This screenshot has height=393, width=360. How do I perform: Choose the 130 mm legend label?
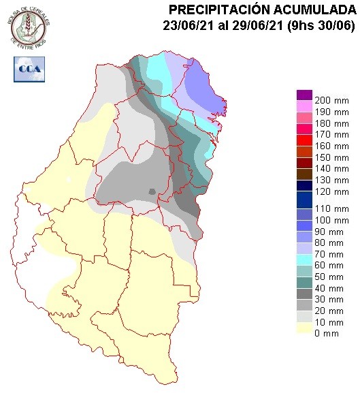[x=329, y=180]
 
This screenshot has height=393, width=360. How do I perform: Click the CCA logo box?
[x=30, y=69]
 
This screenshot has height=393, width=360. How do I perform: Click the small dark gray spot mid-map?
[x=153, y=192]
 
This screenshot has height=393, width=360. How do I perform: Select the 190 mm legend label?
[x=329, y=112]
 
